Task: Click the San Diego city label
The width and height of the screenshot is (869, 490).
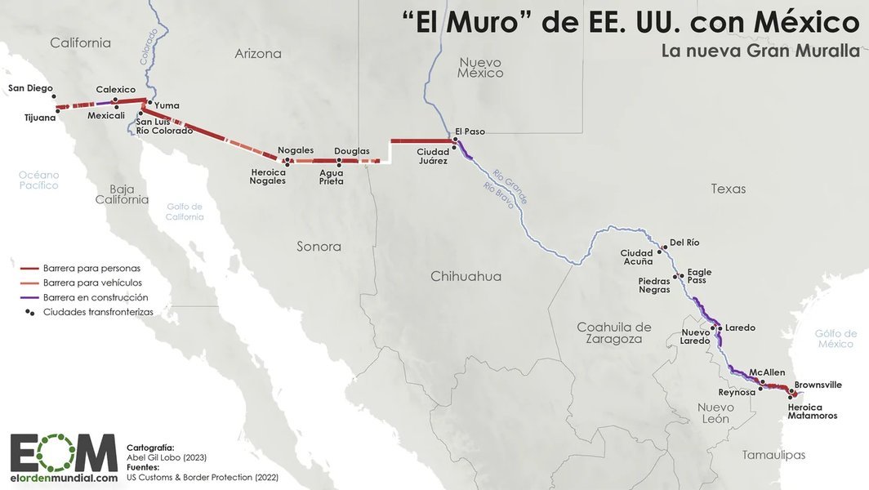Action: click(30, 88)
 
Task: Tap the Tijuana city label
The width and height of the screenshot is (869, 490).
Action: click(40, 118)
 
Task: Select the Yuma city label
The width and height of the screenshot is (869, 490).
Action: click(167, 105)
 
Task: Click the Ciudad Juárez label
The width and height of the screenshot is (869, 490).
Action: click(432, 156)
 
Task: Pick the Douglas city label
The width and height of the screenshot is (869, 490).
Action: click(351, 151)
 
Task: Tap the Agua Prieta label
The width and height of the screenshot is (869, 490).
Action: click(331, 176)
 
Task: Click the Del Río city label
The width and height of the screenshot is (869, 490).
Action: click(684, 243)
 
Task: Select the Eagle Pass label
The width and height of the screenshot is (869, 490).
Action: click(699, 276)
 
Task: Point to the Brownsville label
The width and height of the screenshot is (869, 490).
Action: click(818, 385)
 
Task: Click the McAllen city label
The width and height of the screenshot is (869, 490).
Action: click(767, 372)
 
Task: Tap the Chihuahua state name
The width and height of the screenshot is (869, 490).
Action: click(466, 276)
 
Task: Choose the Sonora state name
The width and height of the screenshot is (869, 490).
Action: click(319, 246)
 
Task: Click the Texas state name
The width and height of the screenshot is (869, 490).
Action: click(728, 189)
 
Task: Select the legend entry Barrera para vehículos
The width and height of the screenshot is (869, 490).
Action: click(92, 283)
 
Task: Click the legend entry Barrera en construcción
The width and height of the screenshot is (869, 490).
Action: click(96, 297)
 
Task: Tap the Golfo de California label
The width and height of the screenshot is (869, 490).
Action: click(185, 212)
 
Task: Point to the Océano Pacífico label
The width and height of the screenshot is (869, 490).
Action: click(39, 180)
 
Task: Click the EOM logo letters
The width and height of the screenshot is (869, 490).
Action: click(64, 452)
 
